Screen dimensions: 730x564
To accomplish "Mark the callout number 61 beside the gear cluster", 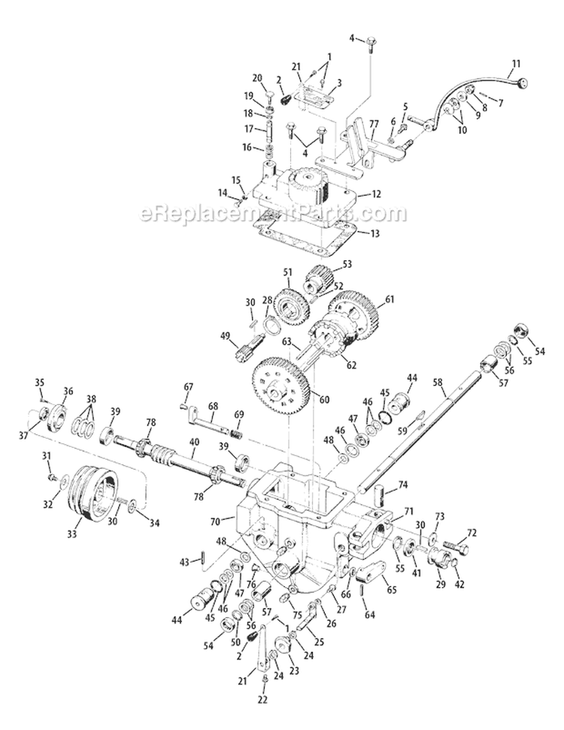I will (x=390, y=299).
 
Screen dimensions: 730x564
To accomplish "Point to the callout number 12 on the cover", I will (x=377, y=193).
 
